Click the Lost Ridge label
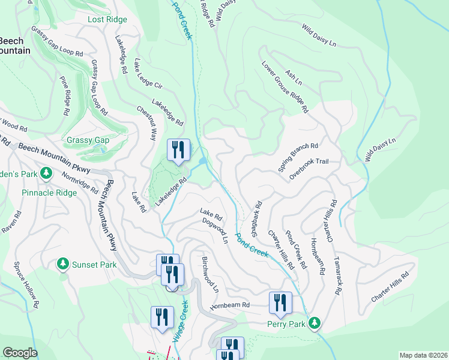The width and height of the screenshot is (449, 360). [x=107, y=19]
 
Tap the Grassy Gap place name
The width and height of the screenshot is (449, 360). [x=88, y=140]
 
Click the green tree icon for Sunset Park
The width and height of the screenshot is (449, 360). [x=62, y=264]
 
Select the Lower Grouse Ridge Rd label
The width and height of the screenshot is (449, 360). [x=285, y=87]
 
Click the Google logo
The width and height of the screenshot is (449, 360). [x=20, y=353]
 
